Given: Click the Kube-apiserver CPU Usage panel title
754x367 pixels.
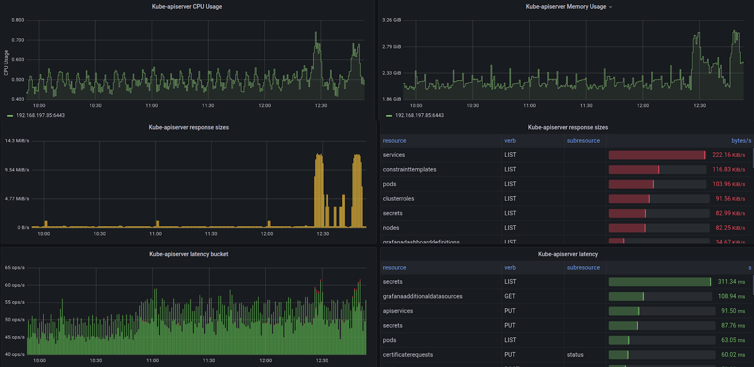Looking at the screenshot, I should pyautogui.click(x=187, y=7).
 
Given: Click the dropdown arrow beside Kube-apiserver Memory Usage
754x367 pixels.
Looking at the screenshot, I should pyautogui.click(x=611, y=7).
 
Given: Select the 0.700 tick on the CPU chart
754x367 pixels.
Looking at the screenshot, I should pyautogui.click(x=18, y=40).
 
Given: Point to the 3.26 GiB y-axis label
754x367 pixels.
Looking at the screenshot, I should pyautogui.click(x=391, y=20).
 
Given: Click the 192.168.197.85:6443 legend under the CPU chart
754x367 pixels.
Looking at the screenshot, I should pyautogui.click(x=40, y=115).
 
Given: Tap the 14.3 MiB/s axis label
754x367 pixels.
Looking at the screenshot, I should pyautogui.click(x=17, y=141).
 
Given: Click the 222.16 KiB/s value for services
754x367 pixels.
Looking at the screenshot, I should pyautogui.click(x=728, y=155).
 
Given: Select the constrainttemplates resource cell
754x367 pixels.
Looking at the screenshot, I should pyautogui.click(x=410, y=170).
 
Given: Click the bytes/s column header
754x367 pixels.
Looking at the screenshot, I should pyautogui.click(x=741, y=141).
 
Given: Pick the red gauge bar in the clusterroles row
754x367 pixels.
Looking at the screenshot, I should pyautogui.click(x=629, y=199).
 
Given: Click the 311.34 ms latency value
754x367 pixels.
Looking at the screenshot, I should pyautogui.click(x=731, y=282).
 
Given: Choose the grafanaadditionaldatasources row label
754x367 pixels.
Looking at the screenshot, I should pyautogui.click(x=422, y=296).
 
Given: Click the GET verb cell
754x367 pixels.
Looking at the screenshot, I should pyautogui.click(x=509, y=296).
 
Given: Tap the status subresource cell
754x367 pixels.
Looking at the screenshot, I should pyautogui.click(x=575, y=355).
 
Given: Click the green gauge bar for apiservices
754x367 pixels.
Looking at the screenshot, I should pyautogui.click(x=623, y=311).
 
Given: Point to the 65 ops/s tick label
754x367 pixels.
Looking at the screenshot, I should pyautogui.click(x=15, y=268).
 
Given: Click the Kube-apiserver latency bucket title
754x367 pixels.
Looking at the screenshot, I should pyautogui.click(x=188, y=254).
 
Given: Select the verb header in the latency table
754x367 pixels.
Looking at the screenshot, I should pyautogui.click(x=510, y=268).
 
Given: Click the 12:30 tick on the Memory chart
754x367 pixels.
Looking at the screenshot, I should pyautogui.click(x=699, y=106).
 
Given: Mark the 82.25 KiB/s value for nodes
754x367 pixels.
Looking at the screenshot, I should pyautogui.click(x=730, y=228).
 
